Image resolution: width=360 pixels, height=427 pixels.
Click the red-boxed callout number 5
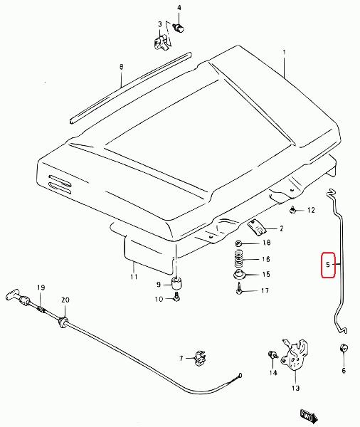327,264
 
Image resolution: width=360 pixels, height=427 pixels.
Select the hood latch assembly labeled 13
295,354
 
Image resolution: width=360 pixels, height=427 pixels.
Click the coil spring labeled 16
238,259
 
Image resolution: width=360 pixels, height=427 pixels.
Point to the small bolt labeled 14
272,355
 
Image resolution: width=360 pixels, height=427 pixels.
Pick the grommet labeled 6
344,348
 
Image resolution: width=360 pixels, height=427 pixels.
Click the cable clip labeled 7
200,358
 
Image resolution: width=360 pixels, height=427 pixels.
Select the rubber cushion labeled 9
176,284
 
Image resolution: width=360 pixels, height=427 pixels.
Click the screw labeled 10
176,297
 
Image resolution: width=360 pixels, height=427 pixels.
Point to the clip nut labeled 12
293,210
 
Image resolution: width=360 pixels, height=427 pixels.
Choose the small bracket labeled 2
256,228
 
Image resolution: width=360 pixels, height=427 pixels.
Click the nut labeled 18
239,243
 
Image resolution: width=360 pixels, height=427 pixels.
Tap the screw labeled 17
239,288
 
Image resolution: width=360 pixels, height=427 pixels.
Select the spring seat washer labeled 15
240,275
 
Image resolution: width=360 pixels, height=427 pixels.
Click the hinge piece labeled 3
161,43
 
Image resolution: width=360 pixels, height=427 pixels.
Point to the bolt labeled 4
179,28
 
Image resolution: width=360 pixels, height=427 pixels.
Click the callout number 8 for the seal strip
121,67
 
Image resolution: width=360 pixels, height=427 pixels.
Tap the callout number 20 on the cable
65,300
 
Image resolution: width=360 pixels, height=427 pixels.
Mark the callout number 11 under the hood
134,277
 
